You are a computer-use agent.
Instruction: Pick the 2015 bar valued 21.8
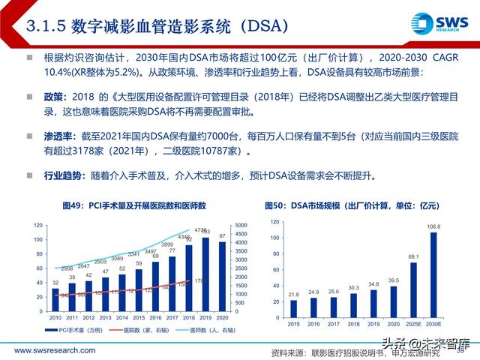pos(293,307)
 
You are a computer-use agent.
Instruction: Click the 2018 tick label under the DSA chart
pos(353,324)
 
